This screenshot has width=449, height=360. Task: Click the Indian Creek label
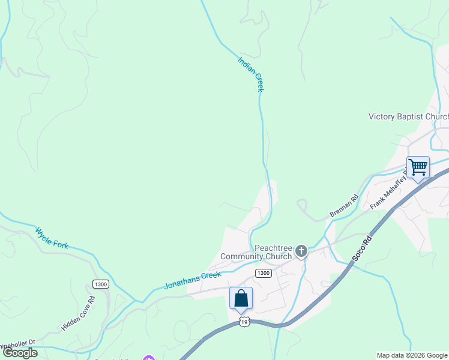point(251,74)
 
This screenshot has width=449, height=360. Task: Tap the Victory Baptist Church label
point(408,116)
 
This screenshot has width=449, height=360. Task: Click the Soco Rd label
point(363,248)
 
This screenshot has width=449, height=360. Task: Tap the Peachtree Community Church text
point(257,252)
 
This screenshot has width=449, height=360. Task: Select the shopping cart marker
point(417,167)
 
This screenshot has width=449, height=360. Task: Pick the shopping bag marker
point(241,298)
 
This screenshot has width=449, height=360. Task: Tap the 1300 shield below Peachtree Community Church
point(263,273)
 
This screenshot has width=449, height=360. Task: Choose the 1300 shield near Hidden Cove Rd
point(101,284)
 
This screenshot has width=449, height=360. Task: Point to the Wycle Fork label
point(52,238)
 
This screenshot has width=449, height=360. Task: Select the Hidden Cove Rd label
point(79,313)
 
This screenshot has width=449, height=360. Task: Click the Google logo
point(20,353)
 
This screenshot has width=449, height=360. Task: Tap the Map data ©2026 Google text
point(412,355)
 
